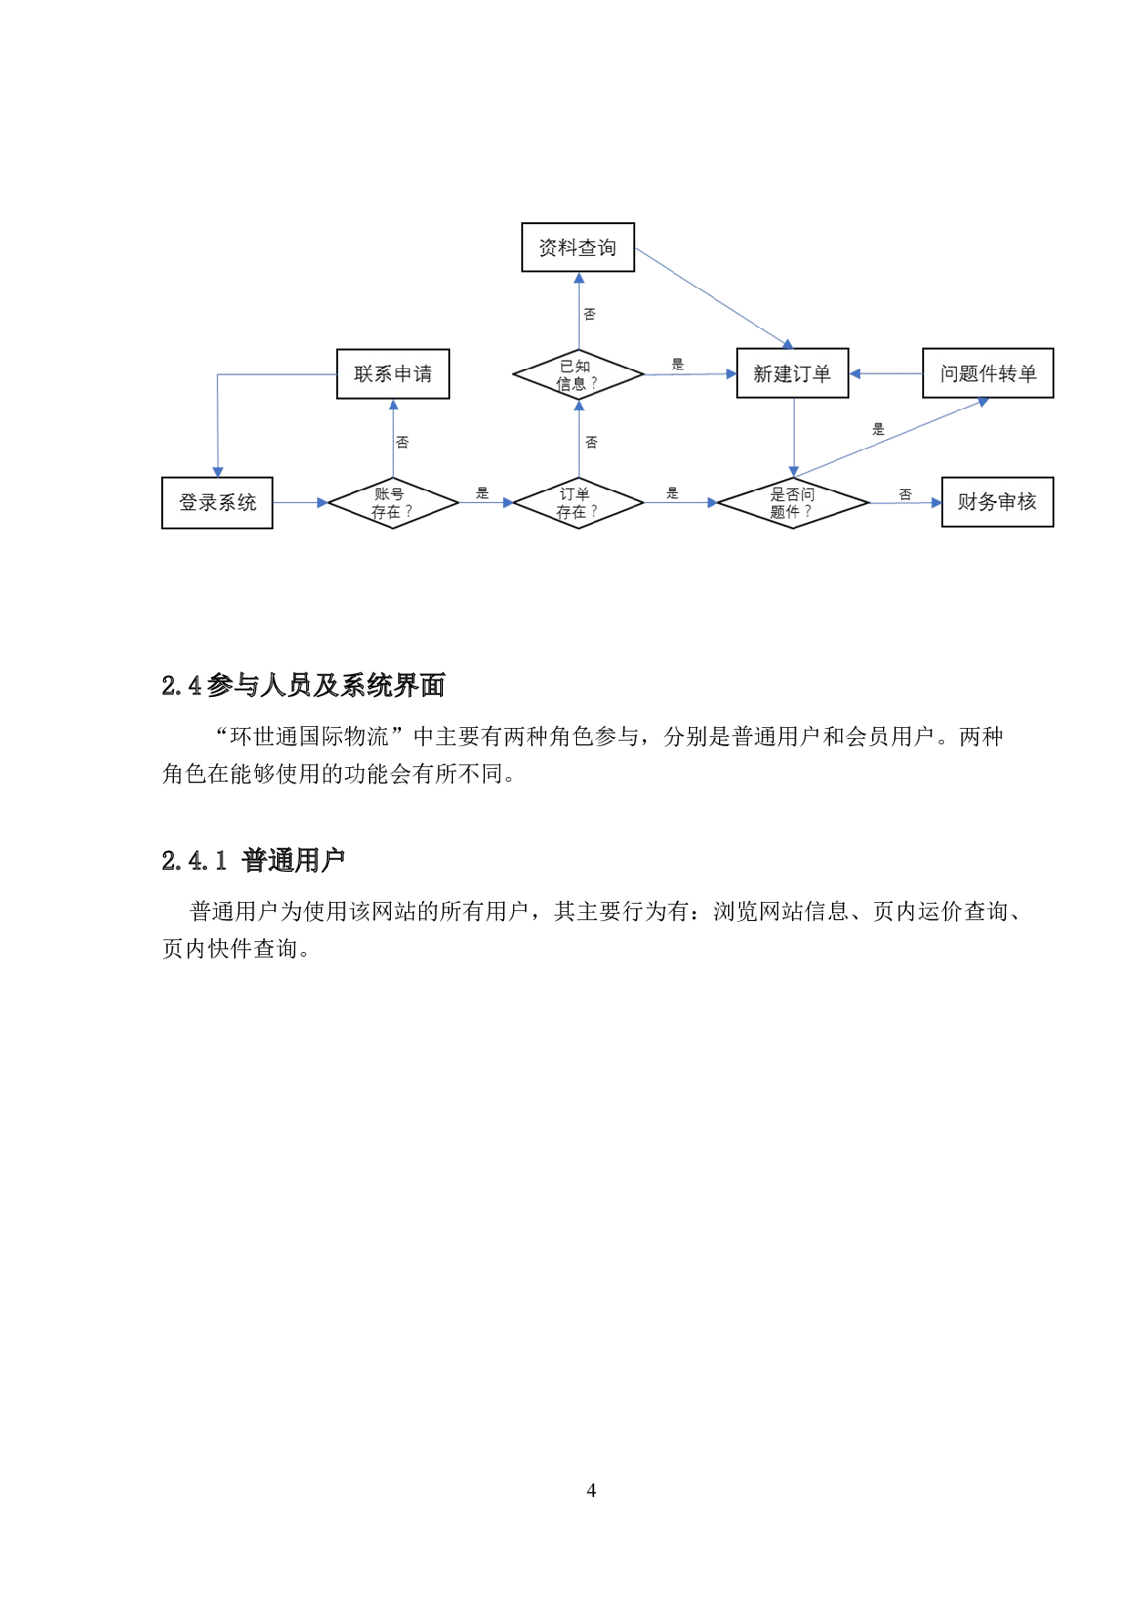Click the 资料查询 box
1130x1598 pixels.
578,247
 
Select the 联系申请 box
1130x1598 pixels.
393,374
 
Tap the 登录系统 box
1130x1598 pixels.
217,502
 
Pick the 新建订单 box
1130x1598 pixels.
792,373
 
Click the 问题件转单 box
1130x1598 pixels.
988,373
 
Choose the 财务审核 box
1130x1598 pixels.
997,501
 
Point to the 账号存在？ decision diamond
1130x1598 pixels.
393,503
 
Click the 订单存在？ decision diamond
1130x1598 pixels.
579,503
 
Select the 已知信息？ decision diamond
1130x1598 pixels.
579,374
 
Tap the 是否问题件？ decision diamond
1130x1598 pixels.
793,503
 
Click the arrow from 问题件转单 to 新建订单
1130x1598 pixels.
886,374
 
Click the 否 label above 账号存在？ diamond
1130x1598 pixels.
403,443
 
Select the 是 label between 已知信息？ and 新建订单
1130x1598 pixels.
677,364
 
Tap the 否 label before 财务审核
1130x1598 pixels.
905,495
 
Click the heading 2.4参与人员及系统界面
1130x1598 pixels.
303,685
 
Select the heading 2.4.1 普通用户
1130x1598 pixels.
253,860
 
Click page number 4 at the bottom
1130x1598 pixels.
591,1490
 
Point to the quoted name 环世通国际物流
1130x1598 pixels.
310,736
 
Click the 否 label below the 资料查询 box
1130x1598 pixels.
590,314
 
